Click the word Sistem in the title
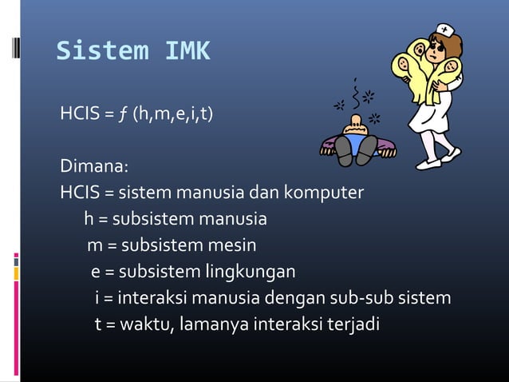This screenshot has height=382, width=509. pyautogui.click(x=102, y=51)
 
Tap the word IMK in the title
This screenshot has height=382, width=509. pyautogui.click(x=187, y=51)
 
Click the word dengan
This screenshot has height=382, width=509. pyautogui.click(x=291, y=298)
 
